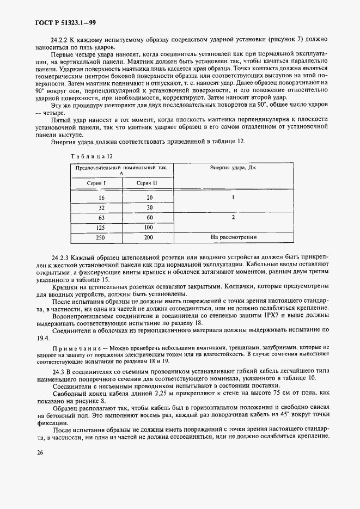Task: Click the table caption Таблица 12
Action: pyautogui.click(x=91, y=156)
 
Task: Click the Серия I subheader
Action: pyautogui.click(x=96, y=183)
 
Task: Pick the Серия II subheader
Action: pyautogui.click(x=147, y=183)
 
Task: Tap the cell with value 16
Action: pyautogui.click(x=101, y=198)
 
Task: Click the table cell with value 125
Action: pyautogui.click(x=100, y=227)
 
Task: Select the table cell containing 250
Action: pyautogui.click(x=100, y=237)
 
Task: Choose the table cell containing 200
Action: pyautogui.click(x=149, y=237)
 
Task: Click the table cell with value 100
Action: pyautogui.click(x=149, y=227)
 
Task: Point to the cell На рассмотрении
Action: pyautogui.click(x=233, y=237)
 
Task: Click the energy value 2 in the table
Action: pyautogui.click(x=233, y=217)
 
